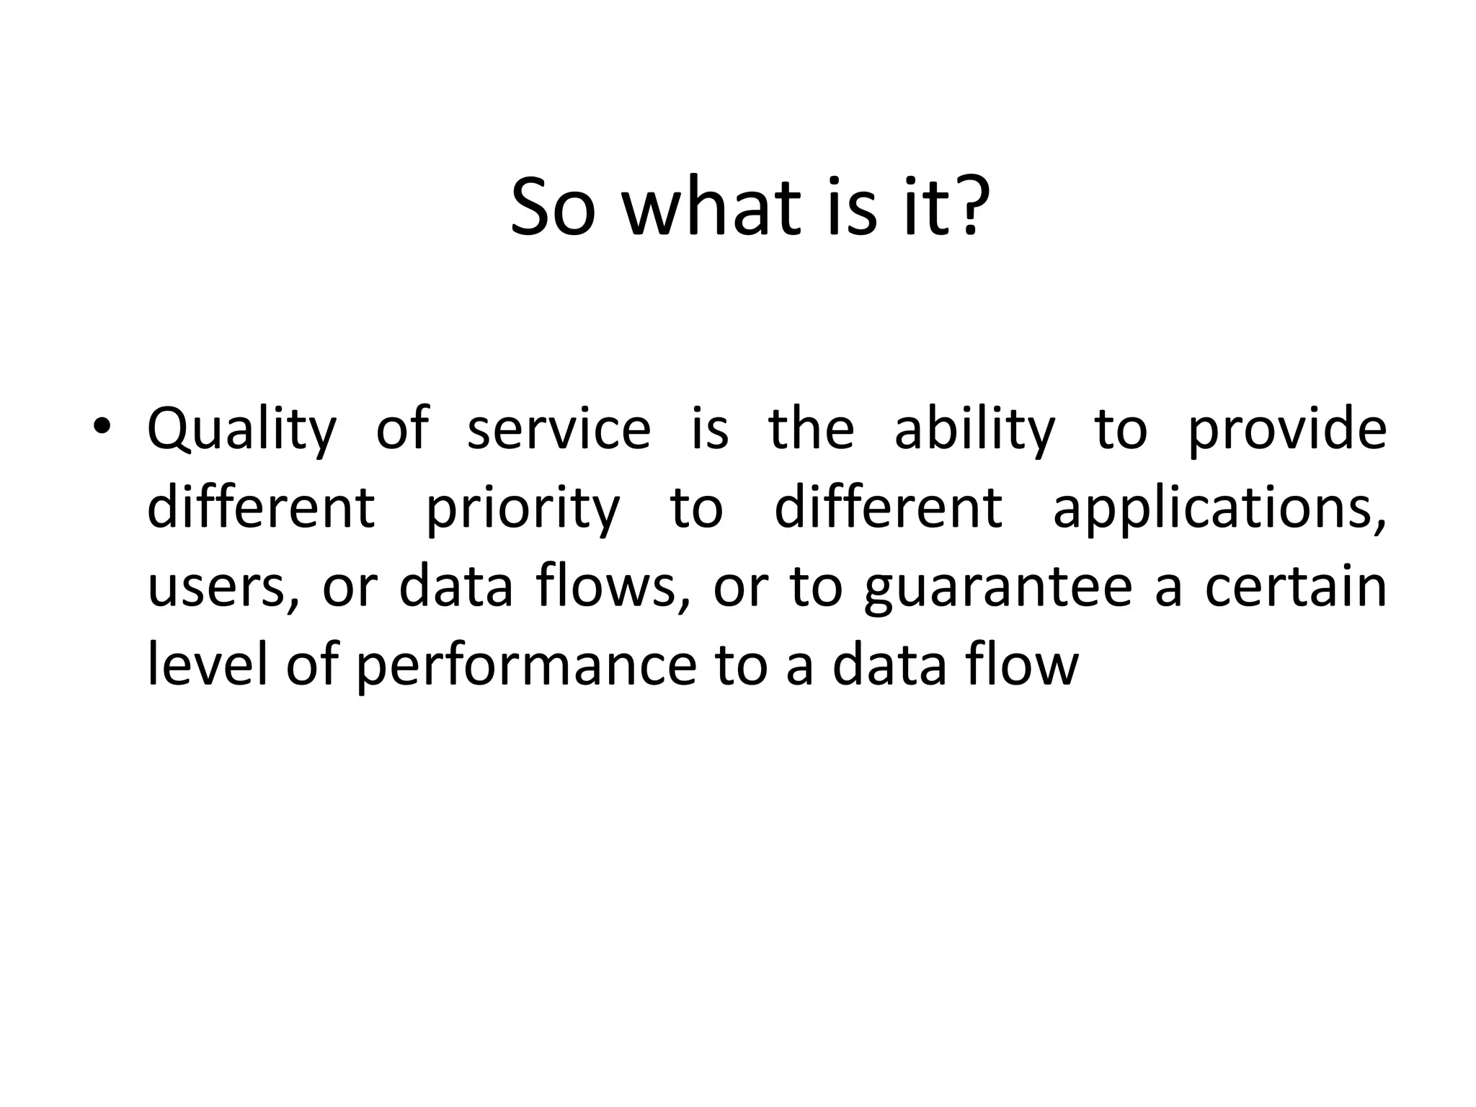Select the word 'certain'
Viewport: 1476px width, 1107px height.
pos(1296,587)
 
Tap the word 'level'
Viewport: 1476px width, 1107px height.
pos(208,664)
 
